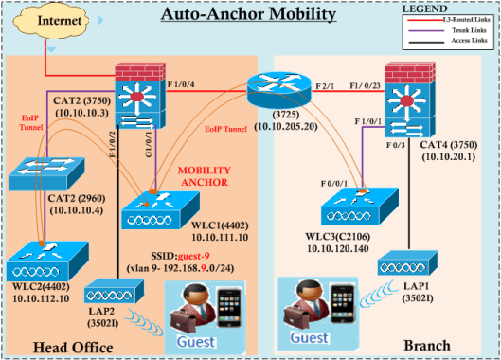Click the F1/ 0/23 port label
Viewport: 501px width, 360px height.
(349, 83)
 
